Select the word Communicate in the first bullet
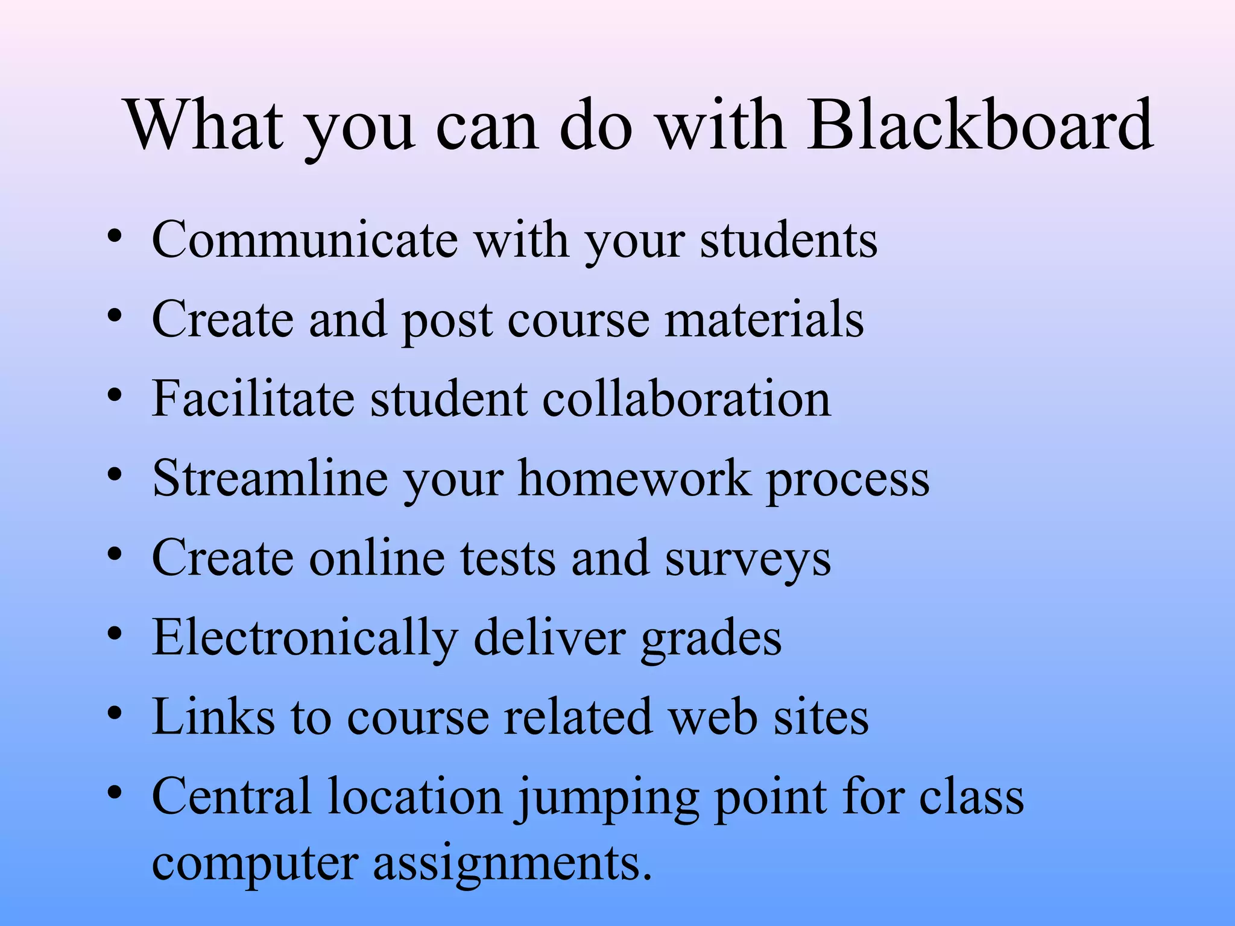pos(305,240)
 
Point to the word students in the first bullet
pos(788,240)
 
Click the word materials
pos(764,320)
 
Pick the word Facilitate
pos(253,398)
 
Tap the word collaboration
pos(686,398)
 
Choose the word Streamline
pos(270,479)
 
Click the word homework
pos(635,479)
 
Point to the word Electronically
pos(305,638)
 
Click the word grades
pos(711,638)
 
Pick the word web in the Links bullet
pos(714,717)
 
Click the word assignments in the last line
pos(512,864)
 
